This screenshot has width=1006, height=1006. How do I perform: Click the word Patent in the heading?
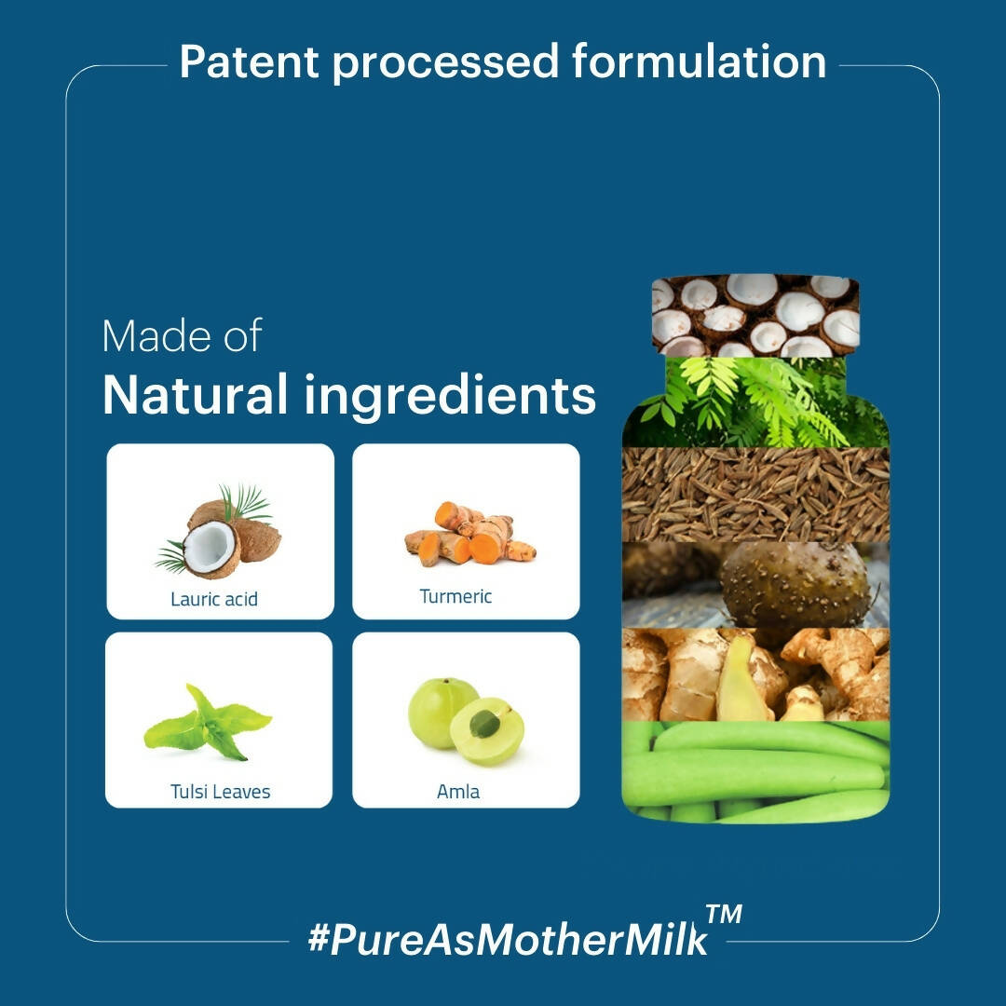coord(249,61)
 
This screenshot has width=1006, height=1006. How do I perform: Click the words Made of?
coord(183,335)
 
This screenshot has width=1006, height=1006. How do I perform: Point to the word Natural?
coord(195,394)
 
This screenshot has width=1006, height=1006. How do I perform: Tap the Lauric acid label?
coord(214,599)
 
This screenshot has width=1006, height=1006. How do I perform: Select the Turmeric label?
coord(455,596)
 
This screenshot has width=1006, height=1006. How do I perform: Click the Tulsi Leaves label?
coord(220,791)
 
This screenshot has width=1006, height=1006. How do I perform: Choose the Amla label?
coord(458,791)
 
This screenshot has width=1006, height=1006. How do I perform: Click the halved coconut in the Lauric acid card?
coord(210,549)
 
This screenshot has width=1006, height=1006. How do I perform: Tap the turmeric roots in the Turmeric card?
coord(469,534)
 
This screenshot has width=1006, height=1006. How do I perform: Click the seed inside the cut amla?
coord(484,725)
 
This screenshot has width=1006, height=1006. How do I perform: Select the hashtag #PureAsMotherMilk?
coord(508,940)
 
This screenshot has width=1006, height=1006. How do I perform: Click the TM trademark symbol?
coord(724,914)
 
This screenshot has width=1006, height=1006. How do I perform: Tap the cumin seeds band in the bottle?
coord(755,495)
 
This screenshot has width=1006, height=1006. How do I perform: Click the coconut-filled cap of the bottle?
coord(755,315)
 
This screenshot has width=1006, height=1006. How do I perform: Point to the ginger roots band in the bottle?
coord(755,674)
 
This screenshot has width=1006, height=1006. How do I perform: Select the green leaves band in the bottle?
coord(755,402)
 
